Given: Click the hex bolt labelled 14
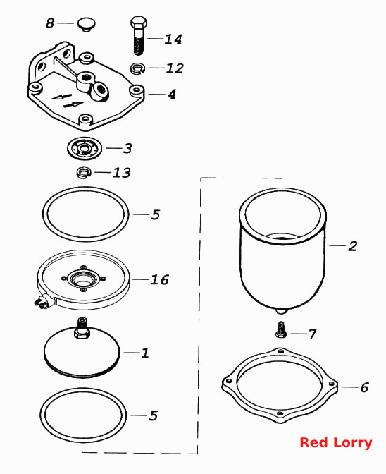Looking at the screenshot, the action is [x=139, y=35].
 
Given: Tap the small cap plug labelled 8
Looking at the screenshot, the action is [x=86, y=25].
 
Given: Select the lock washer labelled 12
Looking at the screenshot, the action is [x=137, y=68].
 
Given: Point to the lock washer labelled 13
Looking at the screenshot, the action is [x=83, y=173].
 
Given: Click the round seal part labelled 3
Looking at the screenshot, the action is [x=85, y=148].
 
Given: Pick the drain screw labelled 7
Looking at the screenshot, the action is [x=281, y=329].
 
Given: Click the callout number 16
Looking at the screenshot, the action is [x=160, y=279].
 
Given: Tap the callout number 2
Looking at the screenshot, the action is [x=352, y=245].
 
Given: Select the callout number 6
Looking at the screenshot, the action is [x=365, y=387].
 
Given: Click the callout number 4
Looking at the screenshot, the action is [x=172, y=94].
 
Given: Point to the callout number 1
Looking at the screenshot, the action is [x=145, y=353].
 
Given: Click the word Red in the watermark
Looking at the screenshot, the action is [x=314, y=443].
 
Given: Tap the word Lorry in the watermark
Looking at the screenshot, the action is [x=353, y=444].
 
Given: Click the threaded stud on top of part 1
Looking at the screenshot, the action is [x=82, y=327].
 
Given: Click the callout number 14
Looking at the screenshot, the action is [x=173, y=39].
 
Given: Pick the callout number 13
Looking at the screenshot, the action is [x=122, y=173].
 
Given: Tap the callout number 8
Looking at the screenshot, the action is [x=50, y=23].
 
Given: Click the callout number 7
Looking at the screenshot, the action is [x=312, y=334].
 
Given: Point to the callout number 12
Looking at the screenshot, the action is [x=175, y=68].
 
